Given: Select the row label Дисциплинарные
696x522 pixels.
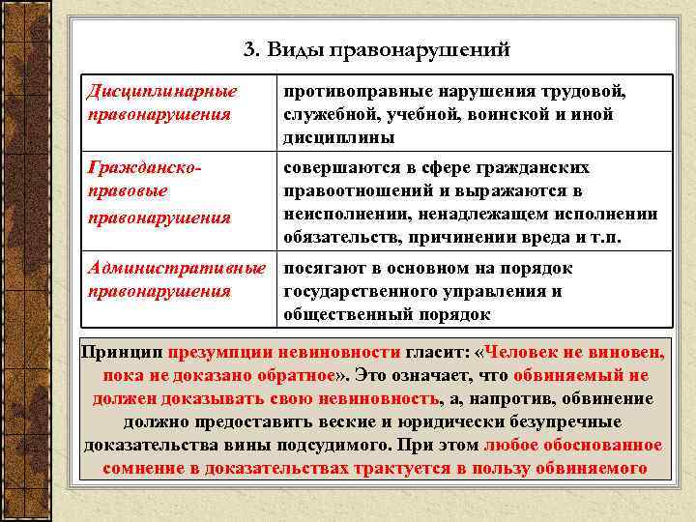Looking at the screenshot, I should (162, 92).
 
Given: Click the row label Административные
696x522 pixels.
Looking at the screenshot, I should (176, 269).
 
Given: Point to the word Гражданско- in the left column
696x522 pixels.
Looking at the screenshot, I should (145, 168).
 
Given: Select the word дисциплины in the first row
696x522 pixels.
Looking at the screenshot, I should (338, 137).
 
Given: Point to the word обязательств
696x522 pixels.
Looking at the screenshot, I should (337, 237).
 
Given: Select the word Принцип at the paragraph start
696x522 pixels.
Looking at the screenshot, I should (121, 352).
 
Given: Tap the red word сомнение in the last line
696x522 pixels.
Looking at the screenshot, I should (150, 469).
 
